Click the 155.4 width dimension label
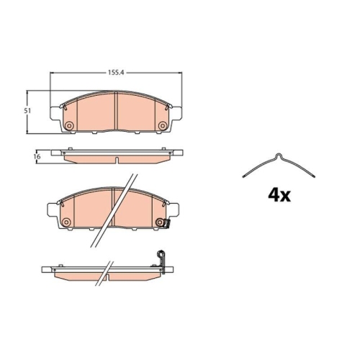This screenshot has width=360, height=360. point(116,72)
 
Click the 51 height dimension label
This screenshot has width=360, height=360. point(27,111)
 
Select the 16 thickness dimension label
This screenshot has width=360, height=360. point(37,156)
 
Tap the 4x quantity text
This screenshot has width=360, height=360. point(279,195)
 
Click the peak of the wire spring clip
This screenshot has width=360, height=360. point(279,155)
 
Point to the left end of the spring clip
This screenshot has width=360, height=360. point(243,177)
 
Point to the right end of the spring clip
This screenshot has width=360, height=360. point(314,177)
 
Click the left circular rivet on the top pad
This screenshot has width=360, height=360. point(69,125)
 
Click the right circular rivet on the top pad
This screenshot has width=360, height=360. point(163,125)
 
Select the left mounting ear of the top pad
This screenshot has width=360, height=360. point(55,113)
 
